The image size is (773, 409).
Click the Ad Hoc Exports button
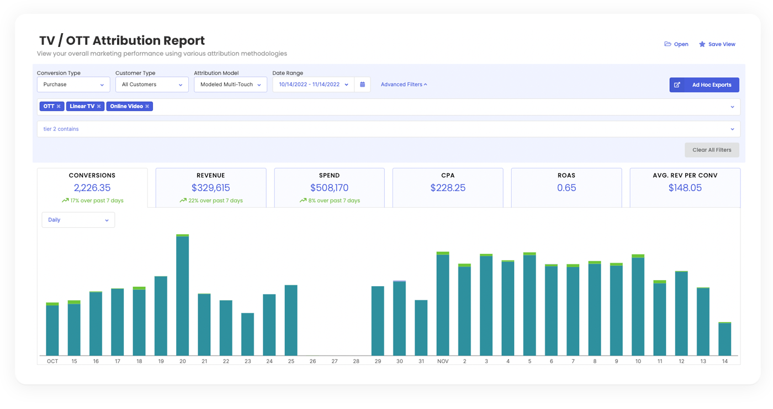pos(704,85)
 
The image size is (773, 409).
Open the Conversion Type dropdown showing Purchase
pos(73,85)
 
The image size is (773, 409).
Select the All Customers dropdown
pos(152,85)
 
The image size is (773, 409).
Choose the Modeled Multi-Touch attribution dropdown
pos(230,85)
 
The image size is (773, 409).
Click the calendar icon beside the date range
pos(362,85)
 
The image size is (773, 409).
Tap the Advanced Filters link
pos(404,85)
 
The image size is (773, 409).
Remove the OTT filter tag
pos(59,106)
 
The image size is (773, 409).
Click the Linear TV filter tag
pos(82,106)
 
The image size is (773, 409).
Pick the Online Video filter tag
pos(126,106)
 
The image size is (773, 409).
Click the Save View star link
pos(717,44)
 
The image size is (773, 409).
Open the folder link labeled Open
pos(676,44)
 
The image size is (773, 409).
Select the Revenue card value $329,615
pos(211,188)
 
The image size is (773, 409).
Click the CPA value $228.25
pos(448,188)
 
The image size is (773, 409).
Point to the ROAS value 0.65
pos(566,188)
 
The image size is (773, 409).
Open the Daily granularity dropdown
pos(78,220)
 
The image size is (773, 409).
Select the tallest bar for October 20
pos(183,296)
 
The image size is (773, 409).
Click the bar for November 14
pos(724,339)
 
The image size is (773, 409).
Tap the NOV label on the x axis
pos(443,361)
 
